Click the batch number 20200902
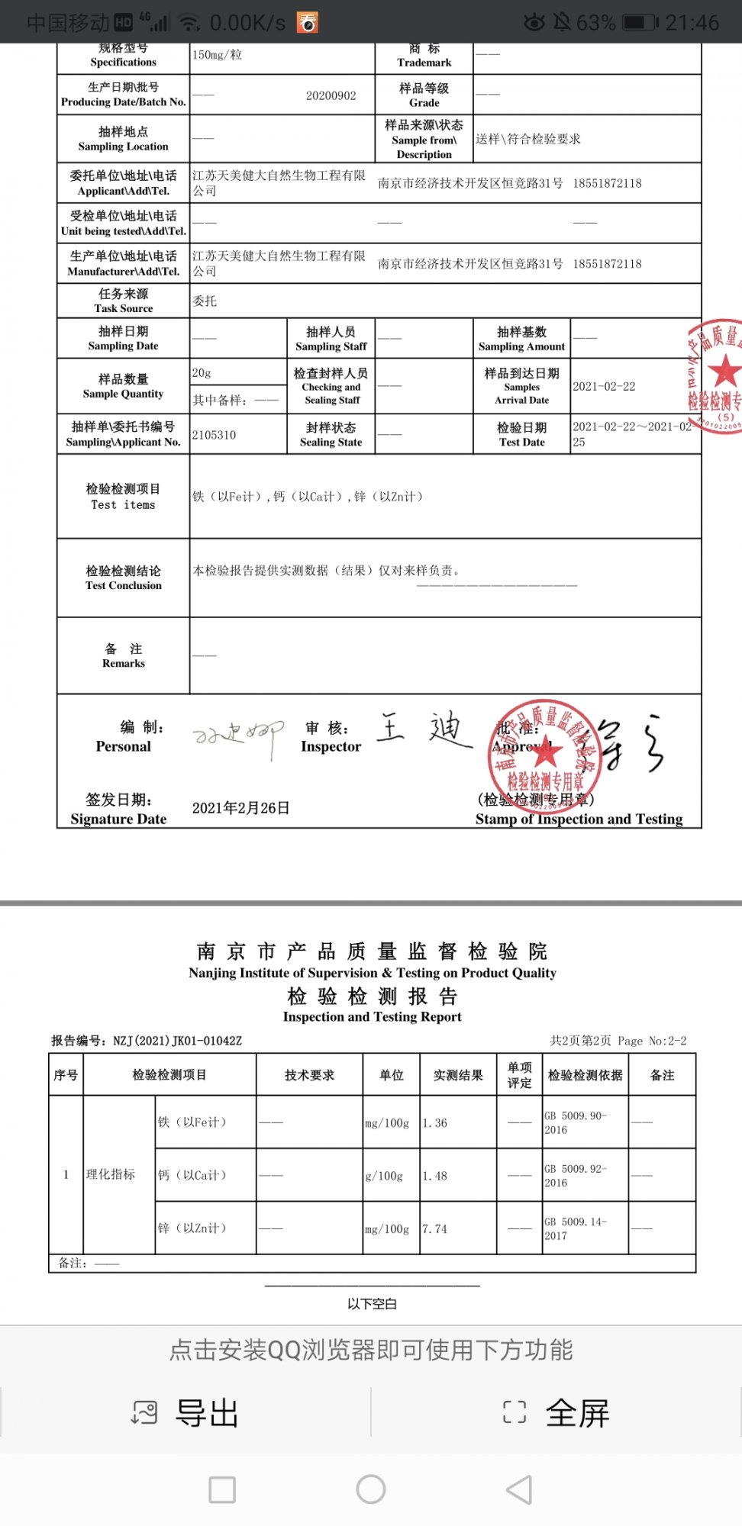[x=331, y=95]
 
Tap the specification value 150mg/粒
[x=217, y=55]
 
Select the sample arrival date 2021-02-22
[x=604, y=387]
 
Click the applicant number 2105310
[x=215, y=435]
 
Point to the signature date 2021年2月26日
[x=240, y=808]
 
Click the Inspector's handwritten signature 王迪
[x=424, y=729]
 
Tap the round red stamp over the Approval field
[x=544, y=749]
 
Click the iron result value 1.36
[x=435, y=1123]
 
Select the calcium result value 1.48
[x=435, y=1176]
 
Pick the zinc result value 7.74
[x=435, y=1229]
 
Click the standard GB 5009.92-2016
[x=576, y=1176]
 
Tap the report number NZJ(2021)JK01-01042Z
[x=177, y=1041]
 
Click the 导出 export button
[x=185, y=1413]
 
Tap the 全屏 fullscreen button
[x=556, y=1413]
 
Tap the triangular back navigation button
[x=519, y=1489]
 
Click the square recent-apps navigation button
[x=222, y=1489]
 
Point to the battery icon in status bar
[x=640, y=22]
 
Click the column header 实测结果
[x=458, y=1075]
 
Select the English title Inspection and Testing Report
[x=372, y=1017]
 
